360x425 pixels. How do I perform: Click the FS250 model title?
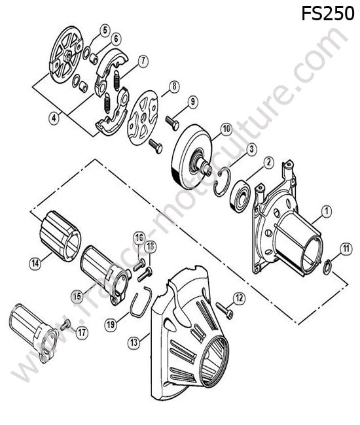[328, 14]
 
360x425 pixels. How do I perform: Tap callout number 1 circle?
[326, 211]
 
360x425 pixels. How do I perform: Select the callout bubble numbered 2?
[268, 162]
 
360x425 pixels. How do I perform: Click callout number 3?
[251, 149]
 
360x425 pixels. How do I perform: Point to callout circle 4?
[54, 118]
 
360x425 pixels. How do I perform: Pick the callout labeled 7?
[143, 61]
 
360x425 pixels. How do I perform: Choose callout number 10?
[226, 129]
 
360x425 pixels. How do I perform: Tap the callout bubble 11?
[346, 248]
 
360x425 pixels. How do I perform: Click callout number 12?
[239, 298]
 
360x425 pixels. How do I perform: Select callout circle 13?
[134, 343]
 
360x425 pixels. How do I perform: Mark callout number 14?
[35, 263]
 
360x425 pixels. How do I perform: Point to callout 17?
[82, 332]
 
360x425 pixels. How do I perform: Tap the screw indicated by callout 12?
[225, 311]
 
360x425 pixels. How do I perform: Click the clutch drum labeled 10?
[192, 157]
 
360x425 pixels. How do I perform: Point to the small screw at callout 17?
[65, 325]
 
